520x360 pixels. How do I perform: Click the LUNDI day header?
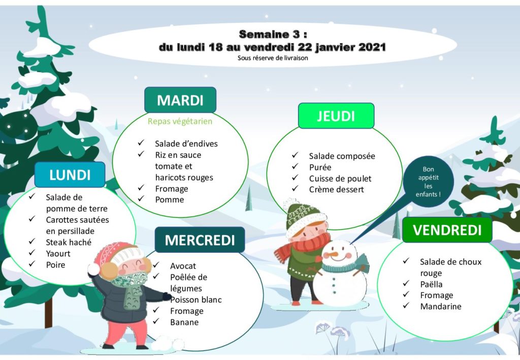click(70, 175)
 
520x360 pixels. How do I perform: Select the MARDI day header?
click(180, 100)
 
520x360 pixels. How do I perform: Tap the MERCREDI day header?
click(200, 240)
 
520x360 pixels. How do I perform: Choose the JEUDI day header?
click(336, 116)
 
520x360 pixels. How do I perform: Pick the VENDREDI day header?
click(447, 230)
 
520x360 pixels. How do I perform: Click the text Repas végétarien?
click(180, 121)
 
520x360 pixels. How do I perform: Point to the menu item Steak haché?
click(69, 242)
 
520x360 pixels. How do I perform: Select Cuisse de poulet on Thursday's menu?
click(340, 179)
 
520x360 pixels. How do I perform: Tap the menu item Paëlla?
click(431, 284)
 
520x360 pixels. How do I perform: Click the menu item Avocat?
click(183, 266)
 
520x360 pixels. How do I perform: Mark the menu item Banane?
click(184, 322)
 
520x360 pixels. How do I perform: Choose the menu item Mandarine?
click(440, 306)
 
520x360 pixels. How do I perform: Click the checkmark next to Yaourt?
click(32, 252)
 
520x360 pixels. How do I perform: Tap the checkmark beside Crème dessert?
click(295, 188)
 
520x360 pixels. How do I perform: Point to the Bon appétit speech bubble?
click(428, 182)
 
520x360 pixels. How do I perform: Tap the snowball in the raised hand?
click(94, 270)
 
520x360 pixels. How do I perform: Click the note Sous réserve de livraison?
click(273, 58)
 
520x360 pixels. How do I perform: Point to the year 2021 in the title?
click(372, 47)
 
